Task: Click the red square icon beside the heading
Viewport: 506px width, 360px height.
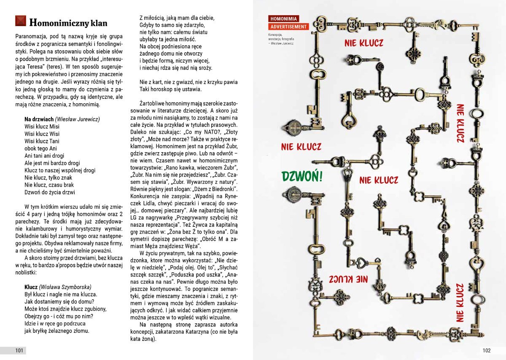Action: point(21,21)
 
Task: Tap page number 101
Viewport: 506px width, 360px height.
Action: point(19,351)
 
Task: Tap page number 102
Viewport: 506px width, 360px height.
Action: point(487,351)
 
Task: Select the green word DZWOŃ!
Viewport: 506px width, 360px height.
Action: point(302,176)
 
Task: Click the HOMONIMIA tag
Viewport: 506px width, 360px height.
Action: point(284,19)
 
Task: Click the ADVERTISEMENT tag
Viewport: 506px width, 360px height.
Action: point(289,27)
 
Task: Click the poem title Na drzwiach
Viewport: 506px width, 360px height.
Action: point(39,119)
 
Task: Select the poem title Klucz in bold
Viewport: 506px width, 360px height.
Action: point(31,287)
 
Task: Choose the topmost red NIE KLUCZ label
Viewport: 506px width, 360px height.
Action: point(363,43)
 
